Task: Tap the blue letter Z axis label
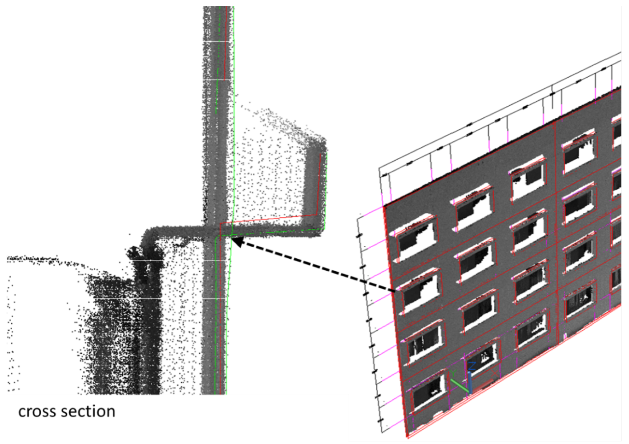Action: click(x=472, y=366)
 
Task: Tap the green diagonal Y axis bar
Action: click(x=459, y=385)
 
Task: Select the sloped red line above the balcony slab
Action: click(x=268, y=219)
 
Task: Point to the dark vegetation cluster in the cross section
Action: click(x=115, y=329)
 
